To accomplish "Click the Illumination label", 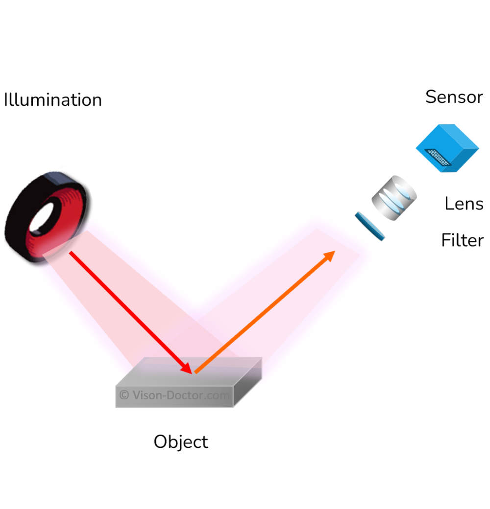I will tap(53, 100).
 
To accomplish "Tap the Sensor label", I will tap(454, 97).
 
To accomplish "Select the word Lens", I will tap(464, 203).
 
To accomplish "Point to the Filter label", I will tap(462, 240).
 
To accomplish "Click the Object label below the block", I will tap(181, 441).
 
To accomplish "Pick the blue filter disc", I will tap(370, 226).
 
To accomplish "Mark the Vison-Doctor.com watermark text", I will tap(179, 394).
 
